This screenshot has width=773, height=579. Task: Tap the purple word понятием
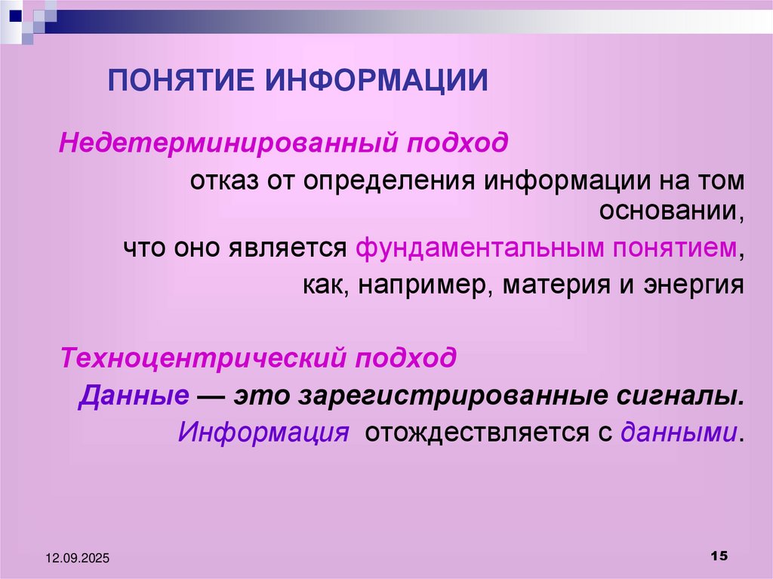[673, 248]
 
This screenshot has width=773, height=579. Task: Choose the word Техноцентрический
[204, 356]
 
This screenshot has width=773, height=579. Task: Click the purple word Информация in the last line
[263, 433]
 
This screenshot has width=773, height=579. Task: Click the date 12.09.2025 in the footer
[77, 558]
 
